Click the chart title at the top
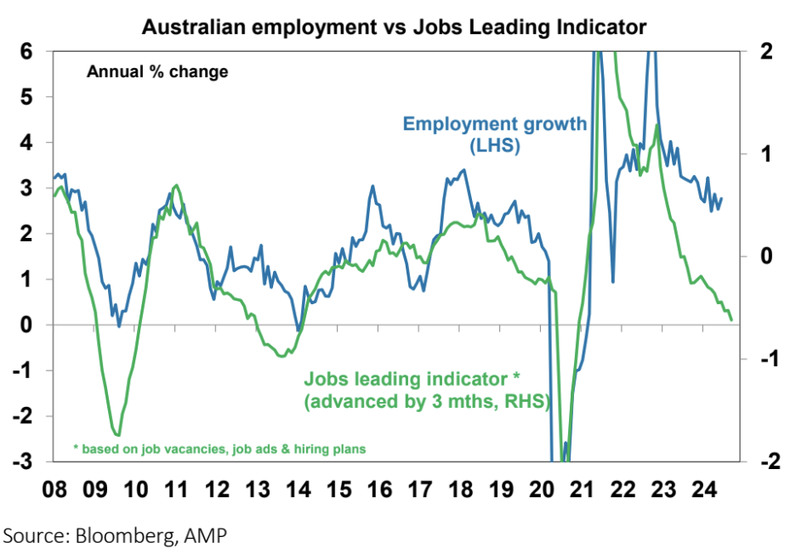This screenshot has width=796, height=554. tap(395, 27)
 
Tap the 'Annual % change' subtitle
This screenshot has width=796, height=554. tap(157, 72)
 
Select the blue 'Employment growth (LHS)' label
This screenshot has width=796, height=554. tap(495, 134)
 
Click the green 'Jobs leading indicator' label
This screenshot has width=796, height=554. tap(425, 390)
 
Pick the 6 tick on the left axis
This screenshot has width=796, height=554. tap(27, 51)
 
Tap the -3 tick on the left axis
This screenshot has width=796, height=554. tap(24, 461)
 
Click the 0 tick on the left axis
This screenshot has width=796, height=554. tap(27, 325)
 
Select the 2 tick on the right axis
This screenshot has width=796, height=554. tap(764, 51)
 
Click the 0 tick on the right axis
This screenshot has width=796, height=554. tap(764, 256)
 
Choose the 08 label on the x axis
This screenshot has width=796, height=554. tap(55, 490)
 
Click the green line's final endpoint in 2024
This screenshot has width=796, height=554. tap(731, 319)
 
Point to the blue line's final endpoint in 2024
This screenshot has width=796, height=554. tap(721, 199)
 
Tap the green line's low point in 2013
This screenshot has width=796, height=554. tap(281, 355)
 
